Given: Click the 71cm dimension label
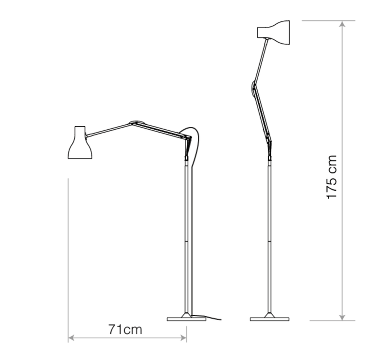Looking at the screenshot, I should tap(125, 330).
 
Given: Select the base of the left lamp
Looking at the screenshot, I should tap(186, 319).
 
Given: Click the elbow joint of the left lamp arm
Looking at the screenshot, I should tap(136, 122).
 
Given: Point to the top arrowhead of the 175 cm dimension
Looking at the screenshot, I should tap(343, 25).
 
